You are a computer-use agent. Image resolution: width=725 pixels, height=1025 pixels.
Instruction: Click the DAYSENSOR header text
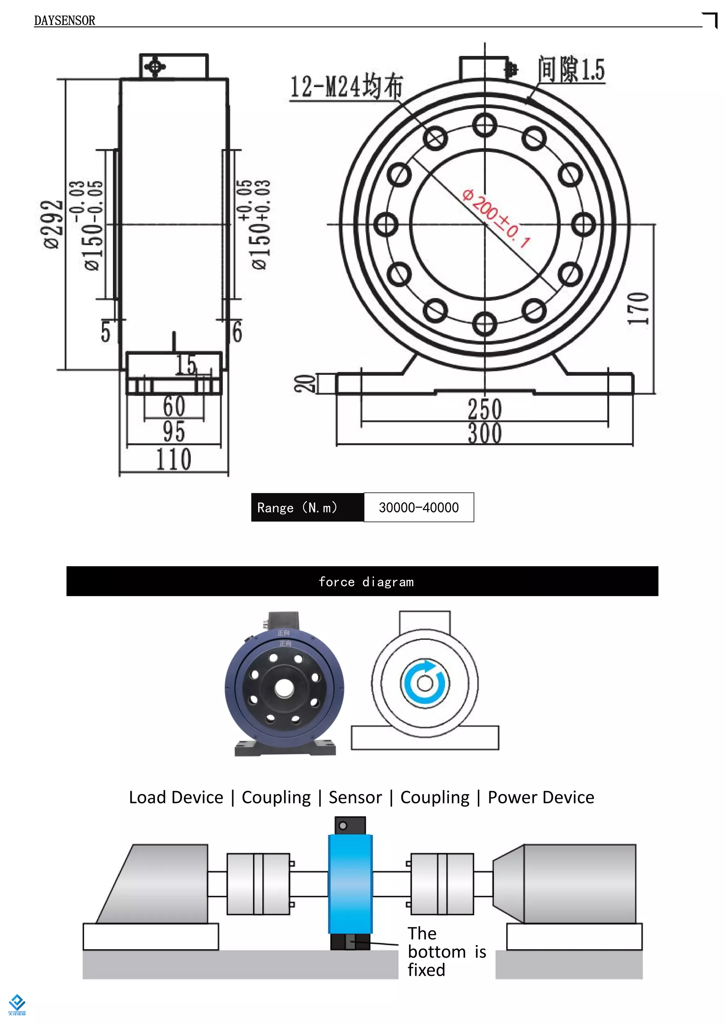[x=64, y=21]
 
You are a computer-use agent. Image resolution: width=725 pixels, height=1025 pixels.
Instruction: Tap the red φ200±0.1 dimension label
[x=496, y=218]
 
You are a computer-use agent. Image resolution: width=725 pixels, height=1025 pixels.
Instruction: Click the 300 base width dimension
[x=485, y=434]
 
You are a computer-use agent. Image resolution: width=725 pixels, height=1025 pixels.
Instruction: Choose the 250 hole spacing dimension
[x=485, y=408]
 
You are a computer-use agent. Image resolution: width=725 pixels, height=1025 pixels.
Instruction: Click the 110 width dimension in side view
[x=174, y=459]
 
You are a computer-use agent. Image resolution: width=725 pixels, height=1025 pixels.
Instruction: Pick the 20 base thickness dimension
[x=304, y=383]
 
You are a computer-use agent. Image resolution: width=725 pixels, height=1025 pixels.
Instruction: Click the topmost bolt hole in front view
[x=485, y=125]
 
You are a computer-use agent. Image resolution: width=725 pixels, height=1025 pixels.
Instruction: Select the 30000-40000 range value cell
[x=419, y=508]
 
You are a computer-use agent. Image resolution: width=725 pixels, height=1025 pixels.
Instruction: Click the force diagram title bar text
[x=366, y=582]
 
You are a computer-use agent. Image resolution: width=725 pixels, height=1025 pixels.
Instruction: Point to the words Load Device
[x=176, y=797]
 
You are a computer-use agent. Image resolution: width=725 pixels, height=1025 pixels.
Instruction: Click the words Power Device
[x=541, y=797]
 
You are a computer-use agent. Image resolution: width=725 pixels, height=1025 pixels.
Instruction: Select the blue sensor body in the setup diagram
[x=350, y=884]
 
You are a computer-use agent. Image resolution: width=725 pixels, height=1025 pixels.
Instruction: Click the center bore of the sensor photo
[x=284, y=688]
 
